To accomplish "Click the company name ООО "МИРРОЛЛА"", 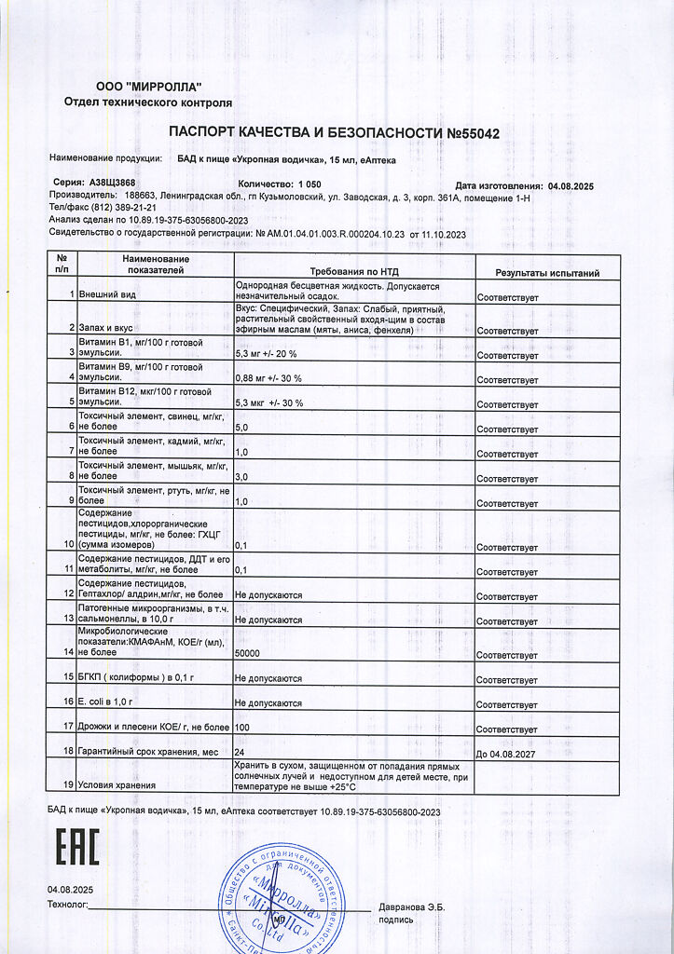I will point(148,87).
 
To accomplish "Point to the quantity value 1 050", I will point(309,185).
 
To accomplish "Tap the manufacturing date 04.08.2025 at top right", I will point(571,186).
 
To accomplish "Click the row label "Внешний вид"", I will point(108,294).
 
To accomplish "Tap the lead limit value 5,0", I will point(241,427).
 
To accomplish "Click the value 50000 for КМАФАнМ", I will point(248,655).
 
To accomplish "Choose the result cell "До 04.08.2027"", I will point(507,753).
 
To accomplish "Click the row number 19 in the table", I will point(68,784).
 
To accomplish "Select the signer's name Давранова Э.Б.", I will point(411,906).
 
